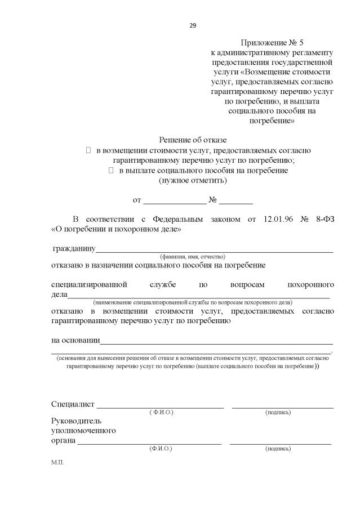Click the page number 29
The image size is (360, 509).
tap(193, 25)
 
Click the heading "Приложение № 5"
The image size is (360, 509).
tap(272, 43)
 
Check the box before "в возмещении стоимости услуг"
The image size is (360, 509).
tap(88, 150)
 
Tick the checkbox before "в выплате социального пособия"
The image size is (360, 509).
tap(111, 170)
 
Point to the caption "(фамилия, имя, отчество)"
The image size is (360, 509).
tap(193, 256)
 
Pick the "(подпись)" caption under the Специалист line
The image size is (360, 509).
tap(278, 413)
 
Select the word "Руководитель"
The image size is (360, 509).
tap(76, 421)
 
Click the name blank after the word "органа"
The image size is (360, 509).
tap(149, 443)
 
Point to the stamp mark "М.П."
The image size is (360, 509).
tap(57, 462)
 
